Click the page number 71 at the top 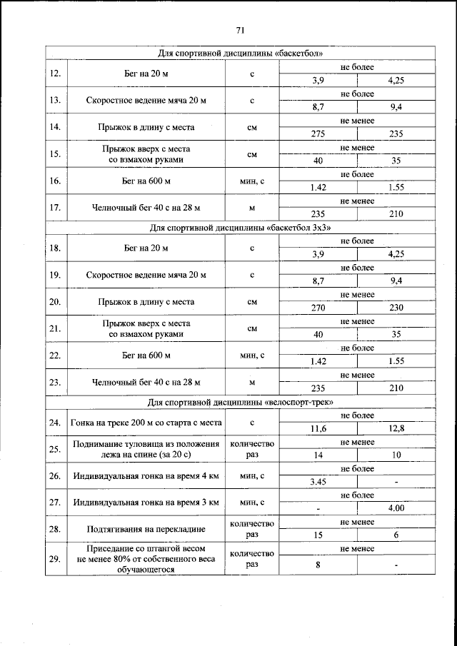pyautogui.click(x=240, y=30)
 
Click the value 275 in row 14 pyautogui.click(x=318, y=133)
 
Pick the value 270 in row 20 pyautogui.click(x=318, y=308)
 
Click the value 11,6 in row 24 pyautogui.click(x=318, y=428)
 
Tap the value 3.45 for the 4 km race pyautogui.click(x=318, y=482)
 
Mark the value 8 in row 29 pyautogui.click(x=318, y=565)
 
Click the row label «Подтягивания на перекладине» pyautogui.click(x=146, y=530)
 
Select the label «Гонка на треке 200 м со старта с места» pyautogui.click(x=146, y=423)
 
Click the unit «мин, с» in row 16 pyautogui.click(x=252, y=181)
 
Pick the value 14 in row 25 pyautogui.click(x=318, y=455)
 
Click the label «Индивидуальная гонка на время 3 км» pyautogui.click(x=146, y=503)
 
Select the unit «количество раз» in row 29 pyautogui.click(x=252, y=559)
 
